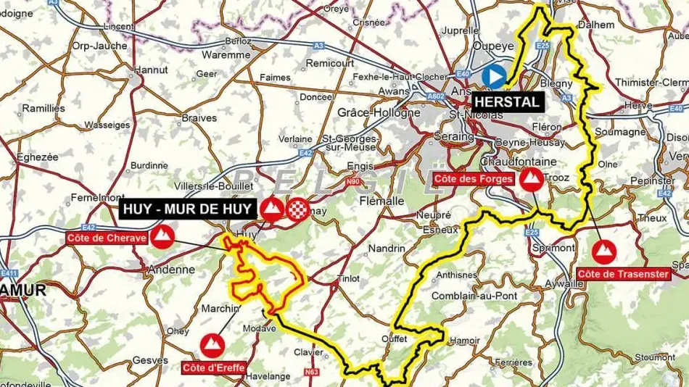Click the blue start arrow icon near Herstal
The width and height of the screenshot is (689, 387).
[x=494, y=75]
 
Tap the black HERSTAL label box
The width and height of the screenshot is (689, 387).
[x=508, y=102]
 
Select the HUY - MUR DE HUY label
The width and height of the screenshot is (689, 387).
[x=187, y=210]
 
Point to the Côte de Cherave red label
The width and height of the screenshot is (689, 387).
[x=107, y=238]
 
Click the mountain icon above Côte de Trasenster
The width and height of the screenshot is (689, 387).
[x=603, y=251]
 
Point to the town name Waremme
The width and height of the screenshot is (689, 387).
[x=226, y=54]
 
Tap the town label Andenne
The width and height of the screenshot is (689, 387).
[x=170, y=270]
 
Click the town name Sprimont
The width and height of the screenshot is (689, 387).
[x=553, y=248]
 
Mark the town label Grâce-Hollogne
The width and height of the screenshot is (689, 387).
[x=379, y=113]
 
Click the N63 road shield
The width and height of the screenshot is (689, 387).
[x=311, y=373]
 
